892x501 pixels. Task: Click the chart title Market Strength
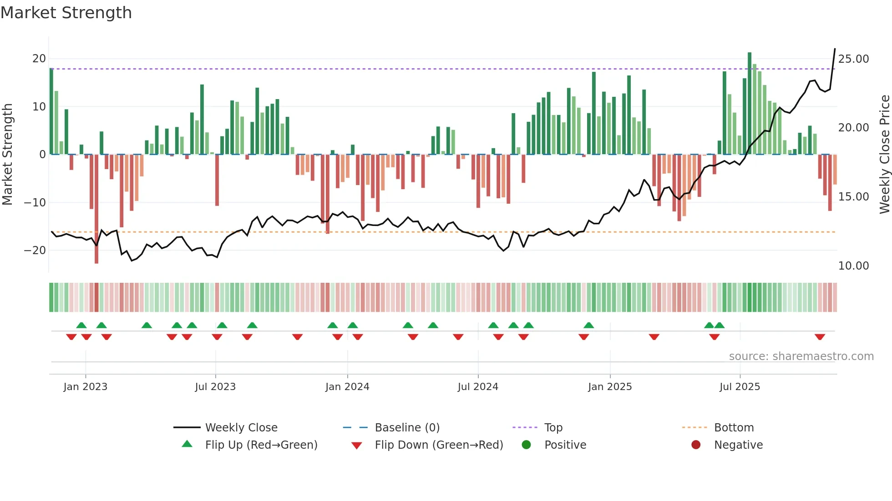[x=66, y=13]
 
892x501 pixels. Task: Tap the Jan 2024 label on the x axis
[x=347, y=387]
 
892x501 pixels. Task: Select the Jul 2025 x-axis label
[x=740, y=387]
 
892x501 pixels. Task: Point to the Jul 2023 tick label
[x=215, y=387]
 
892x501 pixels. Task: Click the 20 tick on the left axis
[x=39, y=59]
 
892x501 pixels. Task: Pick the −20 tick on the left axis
[x=35, y=250]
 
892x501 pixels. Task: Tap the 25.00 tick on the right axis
[x=853, y=59]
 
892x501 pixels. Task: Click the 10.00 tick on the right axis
[x=853, y=266]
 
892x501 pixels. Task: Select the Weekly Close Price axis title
[x=884, y=155]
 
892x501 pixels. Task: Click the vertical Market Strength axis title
[x=8, y=155]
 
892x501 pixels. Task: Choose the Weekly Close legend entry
[x=241, y=428]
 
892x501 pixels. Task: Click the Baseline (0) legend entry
[x=407, y=428]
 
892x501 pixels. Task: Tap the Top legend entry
[x=553, y=428]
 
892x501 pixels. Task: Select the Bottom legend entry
[x=734, y=428]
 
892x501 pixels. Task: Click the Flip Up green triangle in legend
[x=187, y=444]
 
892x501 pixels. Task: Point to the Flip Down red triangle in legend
[x=357, y=446]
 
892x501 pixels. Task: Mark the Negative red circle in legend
[x=696, y=445]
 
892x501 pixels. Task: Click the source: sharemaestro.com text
[x=801, y=356]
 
